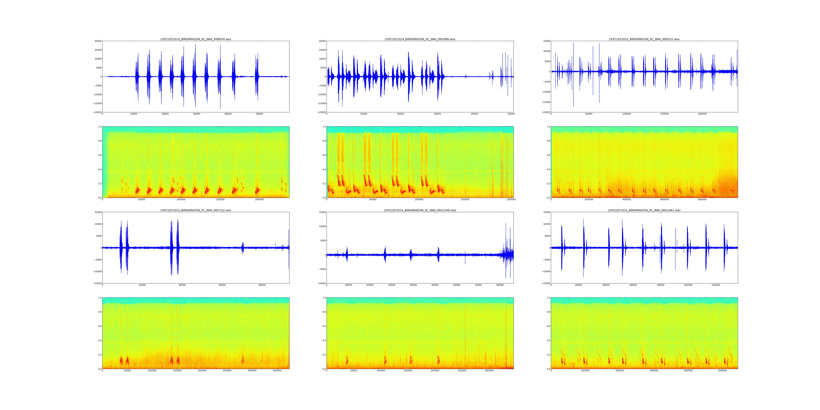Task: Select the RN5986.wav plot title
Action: tap(420, 39)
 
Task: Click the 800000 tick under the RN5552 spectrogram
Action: tap(702, 200)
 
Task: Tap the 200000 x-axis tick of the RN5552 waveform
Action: tap(702, 114)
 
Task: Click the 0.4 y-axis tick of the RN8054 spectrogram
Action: tap(100, 169)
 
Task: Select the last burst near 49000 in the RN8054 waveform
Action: tap(257, 76)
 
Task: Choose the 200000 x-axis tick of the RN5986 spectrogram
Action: tap(511, 200)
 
